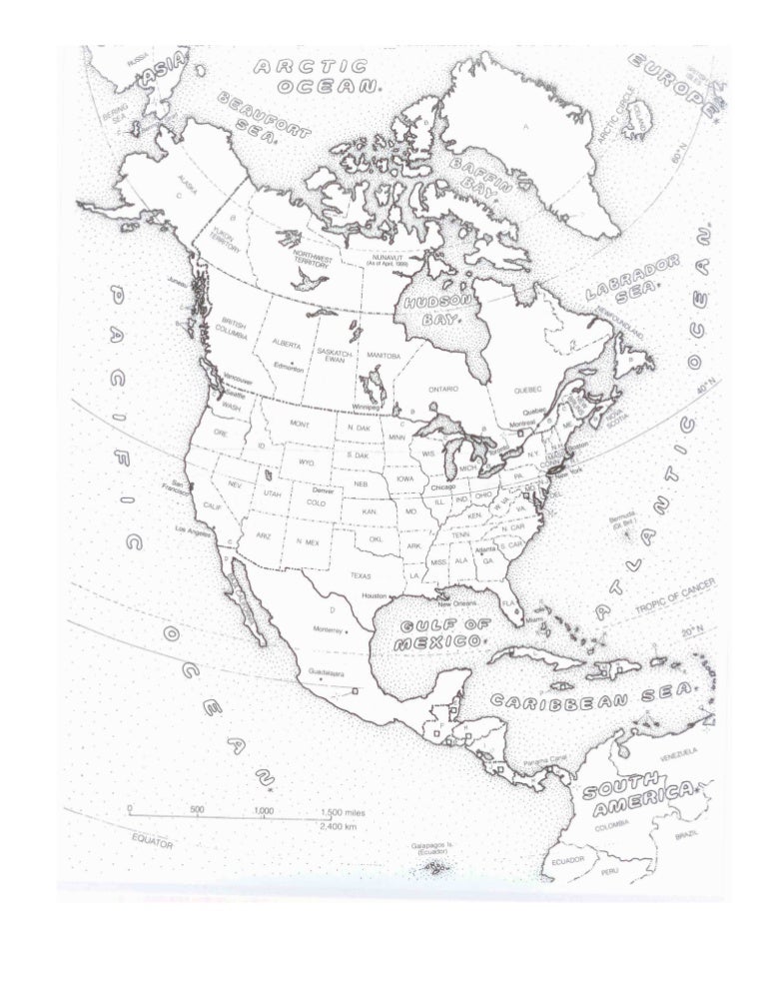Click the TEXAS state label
point(361,576)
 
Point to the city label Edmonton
point(290,367)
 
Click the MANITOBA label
point(383,355)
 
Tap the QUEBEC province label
point(526,390)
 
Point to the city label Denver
point(322,491)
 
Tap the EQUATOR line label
point(152,841)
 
